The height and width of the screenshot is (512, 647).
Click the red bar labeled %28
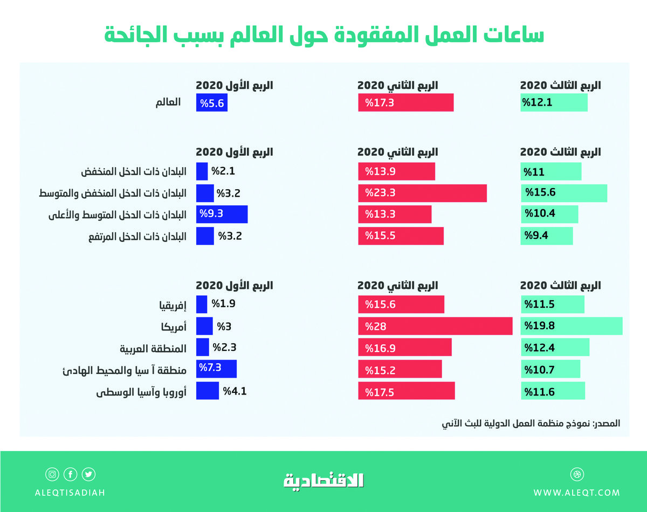click(x=435, y=326)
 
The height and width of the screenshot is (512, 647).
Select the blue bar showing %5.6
click(x=212, y=103)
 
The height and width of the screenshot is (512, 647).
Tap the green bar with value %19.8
click(x=572, y=326)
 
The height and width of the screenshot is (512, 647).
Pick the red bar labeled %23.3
click(x=422, y=193)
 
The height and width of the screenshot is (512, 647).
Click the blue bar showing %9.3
click(x=222, y=214)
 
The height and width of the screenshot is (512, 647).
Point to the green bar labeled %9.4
click(x=546, y=236)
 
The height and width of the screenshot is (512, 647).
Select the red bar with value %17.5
click(x=407, y=391)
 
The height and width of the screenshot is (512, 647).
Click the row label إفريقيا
click(x=170, y=305)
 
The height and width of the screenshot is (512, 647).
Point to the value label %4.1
click(x=235, y=391)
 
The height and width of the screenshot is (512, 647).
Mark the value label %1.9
click(x=223, y=304)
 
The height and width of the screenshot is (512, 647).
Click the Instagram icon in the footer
click(x=52, y=475)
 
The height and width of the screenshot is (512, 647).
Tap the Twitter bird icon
click(x=88, y=475)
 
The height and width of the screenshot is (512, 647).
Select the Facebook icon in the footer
click(x=70, y=475)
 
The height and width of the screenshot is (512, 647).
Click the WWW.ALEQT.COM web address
click(x=576, y=493)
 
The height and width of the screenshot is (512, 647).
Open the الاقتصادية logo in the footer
click(x=323, y=480)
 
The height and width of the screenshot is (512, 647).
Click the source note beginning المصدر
click(x=531, y=424)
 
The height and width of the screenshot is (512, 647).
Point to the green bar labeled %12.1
click(x=554, y=103)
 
